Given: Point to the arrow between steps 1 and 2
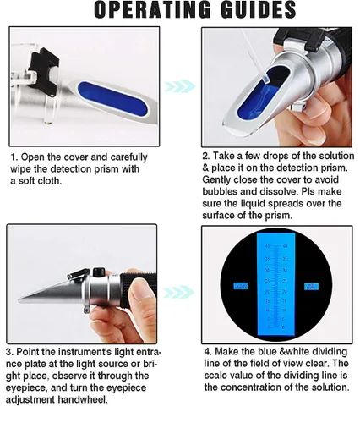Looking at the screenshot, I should [178, 86].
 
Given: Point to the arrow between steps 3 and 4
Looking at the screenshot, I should [178, 292].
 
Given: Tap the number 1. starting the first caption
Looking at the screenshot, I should [14, 157].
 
